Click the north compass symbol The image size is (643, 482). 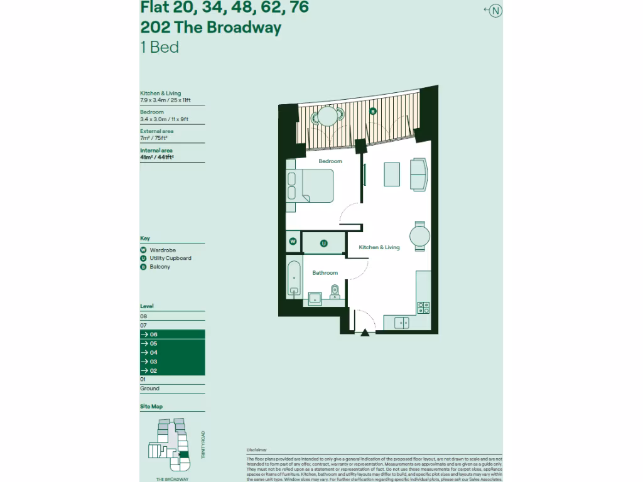pyautogui.click(x=496, y=10)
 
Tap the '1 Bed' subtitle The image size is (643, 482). pyautogui.click(x=159, y=47)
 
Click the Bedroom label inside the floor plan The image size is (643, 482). pyautogui.click(x=330, y=161)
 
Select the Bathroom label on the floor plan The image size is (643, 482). pyautogui.click(x=325, y=273)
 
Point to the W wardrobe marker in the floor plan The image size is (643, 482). pyautogui.click(x=293, y=241)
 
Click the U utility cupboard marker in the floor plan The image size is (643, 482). pyautogui.click(x=324, y=243)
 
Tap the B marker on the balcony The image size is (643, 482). pyautogui.click(x=372, y=111)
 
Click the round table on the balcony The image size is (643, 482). pyautogui.click(x=328, y=116)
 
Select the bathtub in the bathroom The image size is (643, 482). pyautogui.click(x=293, y=278)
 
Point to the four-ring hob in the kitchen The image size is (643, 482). pyautogui.click(x=423, y=308)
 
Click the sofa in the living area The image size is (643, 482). pyautogui.click(x=418, y=174)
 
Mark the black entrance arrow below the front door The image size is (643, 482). pyautogui.click(x=364, y=334)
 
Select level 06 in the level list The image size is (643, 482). pyautogui.click(x=172, y=335)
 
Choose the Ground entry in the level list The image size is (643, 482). pyautogui.click(x=149, y=388)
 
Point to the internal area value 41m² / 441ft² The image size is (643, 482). pyautogui.click(x=157, y=158)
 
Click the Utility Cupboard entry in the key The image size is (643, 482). pyautogui.click(x=170, y=258)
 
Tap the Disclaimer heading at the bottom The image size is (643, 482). pyautogui.click(x=257, y=450)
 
